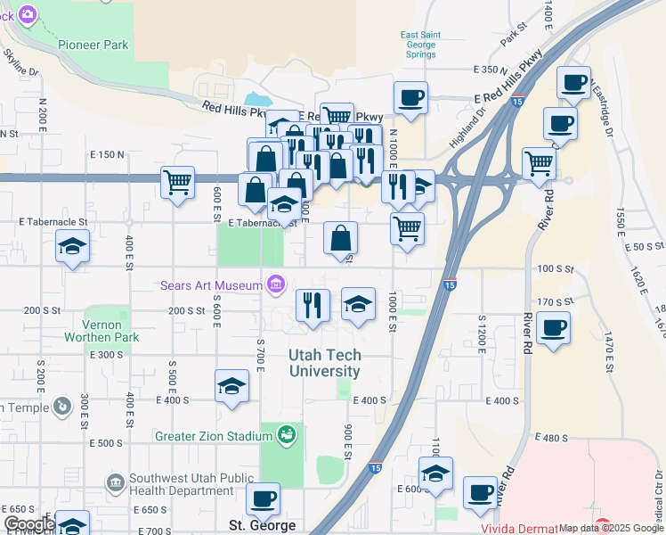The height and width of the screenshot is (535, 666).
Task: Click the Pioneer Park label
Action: [93, 45]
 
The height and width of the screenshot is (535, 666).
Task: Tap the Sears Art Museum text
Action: [211, 286]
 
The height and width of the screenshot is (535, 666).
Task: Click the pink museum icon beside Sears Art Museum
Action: [276, 285]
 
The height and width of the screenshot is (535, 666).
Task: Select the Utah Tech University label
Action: [325, 363]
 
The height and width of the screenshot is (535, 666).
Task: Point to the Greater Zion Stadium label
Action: [213, 436]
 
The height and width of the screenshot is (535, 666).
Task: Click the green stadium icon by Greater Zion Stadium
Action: [287, 435]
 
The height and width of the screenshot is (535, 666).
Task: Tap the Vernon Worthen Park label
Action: [102, 331]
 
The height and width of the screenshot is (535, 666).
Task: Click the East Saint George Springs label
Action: [418, 45]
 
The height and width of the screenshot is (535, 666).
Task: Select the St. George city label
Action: [262, 525]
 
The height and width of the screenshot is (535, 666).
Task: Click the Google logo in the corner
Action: [28, 524]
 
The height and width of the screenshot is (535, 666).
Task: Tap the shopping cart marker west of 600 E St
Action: [178, 182]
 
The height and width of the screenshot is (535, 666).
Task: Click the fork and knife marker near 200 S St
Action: [313, 305]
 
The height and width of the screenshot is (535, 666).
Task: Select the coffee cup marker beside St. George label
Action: [263, 498]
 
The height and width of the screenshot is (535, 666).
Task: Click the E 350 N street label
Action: [491, 69]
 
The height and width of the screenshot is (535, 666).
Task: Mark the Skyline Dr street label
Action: [21, 62]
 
